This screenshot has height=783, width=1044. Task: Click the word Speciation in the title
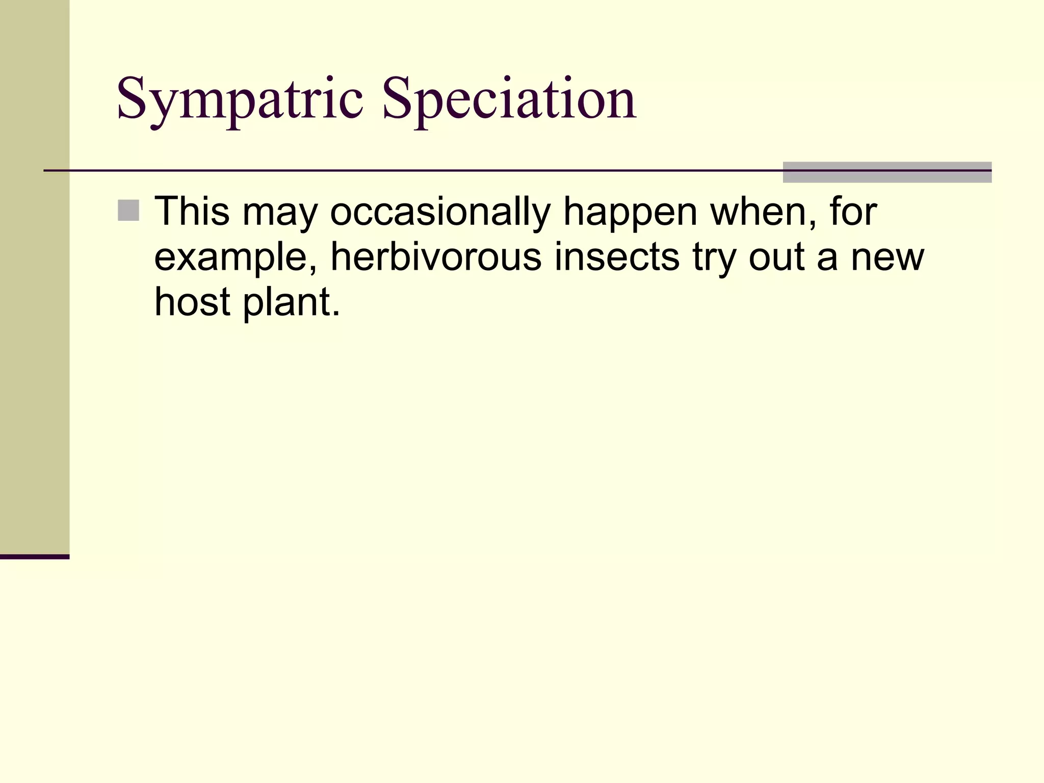point(509,99)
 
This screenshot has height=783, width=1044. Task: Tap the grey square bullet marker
point(128,211)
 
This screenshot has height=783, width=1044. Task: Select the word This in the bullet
point(192,212)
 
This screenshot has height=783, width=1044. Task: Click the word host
point(192,302)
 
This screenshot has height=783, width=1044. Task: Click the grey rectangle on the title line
point(887,172)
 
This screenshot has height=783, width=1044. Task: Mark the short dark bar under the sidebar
point(35,557)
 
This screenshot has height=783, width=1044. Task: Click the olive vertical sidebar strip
point(35,275)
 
